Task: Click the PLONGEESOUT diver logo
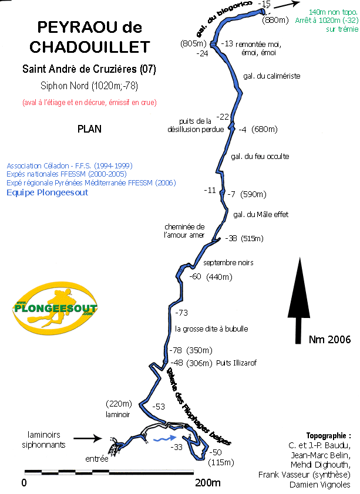(x=55, y=308)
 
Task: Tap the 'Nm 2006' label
(x=329, y=339)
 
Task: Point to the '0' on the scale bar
(x=24, y=483)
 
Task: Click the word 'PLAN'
(x=89, y=129)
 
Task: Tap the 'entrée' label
(x=96, y=459)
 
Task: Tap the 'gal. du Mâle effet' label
(x=261, y=214)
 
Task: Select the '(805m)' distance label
(x=193, y=43)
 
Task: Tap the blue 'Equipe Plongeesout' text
(x=47, y=192)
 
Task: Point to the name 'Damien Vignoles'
(x=320, y=485)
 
